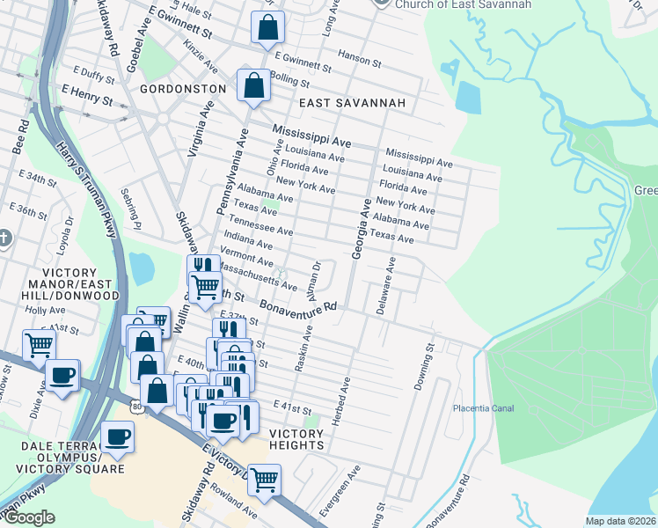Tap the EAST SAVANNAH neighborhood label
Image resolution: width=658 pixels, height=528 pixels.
[x=352, y=103]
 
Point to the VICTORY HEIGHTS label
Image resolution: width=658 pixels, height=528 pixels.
[x=296, y=439]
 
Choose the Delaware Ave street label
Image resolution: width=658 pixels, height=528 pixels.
[x=385, y=286]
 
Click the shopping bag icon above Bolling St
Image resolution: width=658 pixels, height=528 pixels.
[x=253, y=85]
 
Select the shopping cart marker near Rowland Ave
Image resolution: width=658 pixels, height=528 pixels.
[x=264, y=480]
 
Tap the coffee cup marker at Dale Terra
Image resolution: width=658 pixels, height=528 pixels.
[x=117, y=436]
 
